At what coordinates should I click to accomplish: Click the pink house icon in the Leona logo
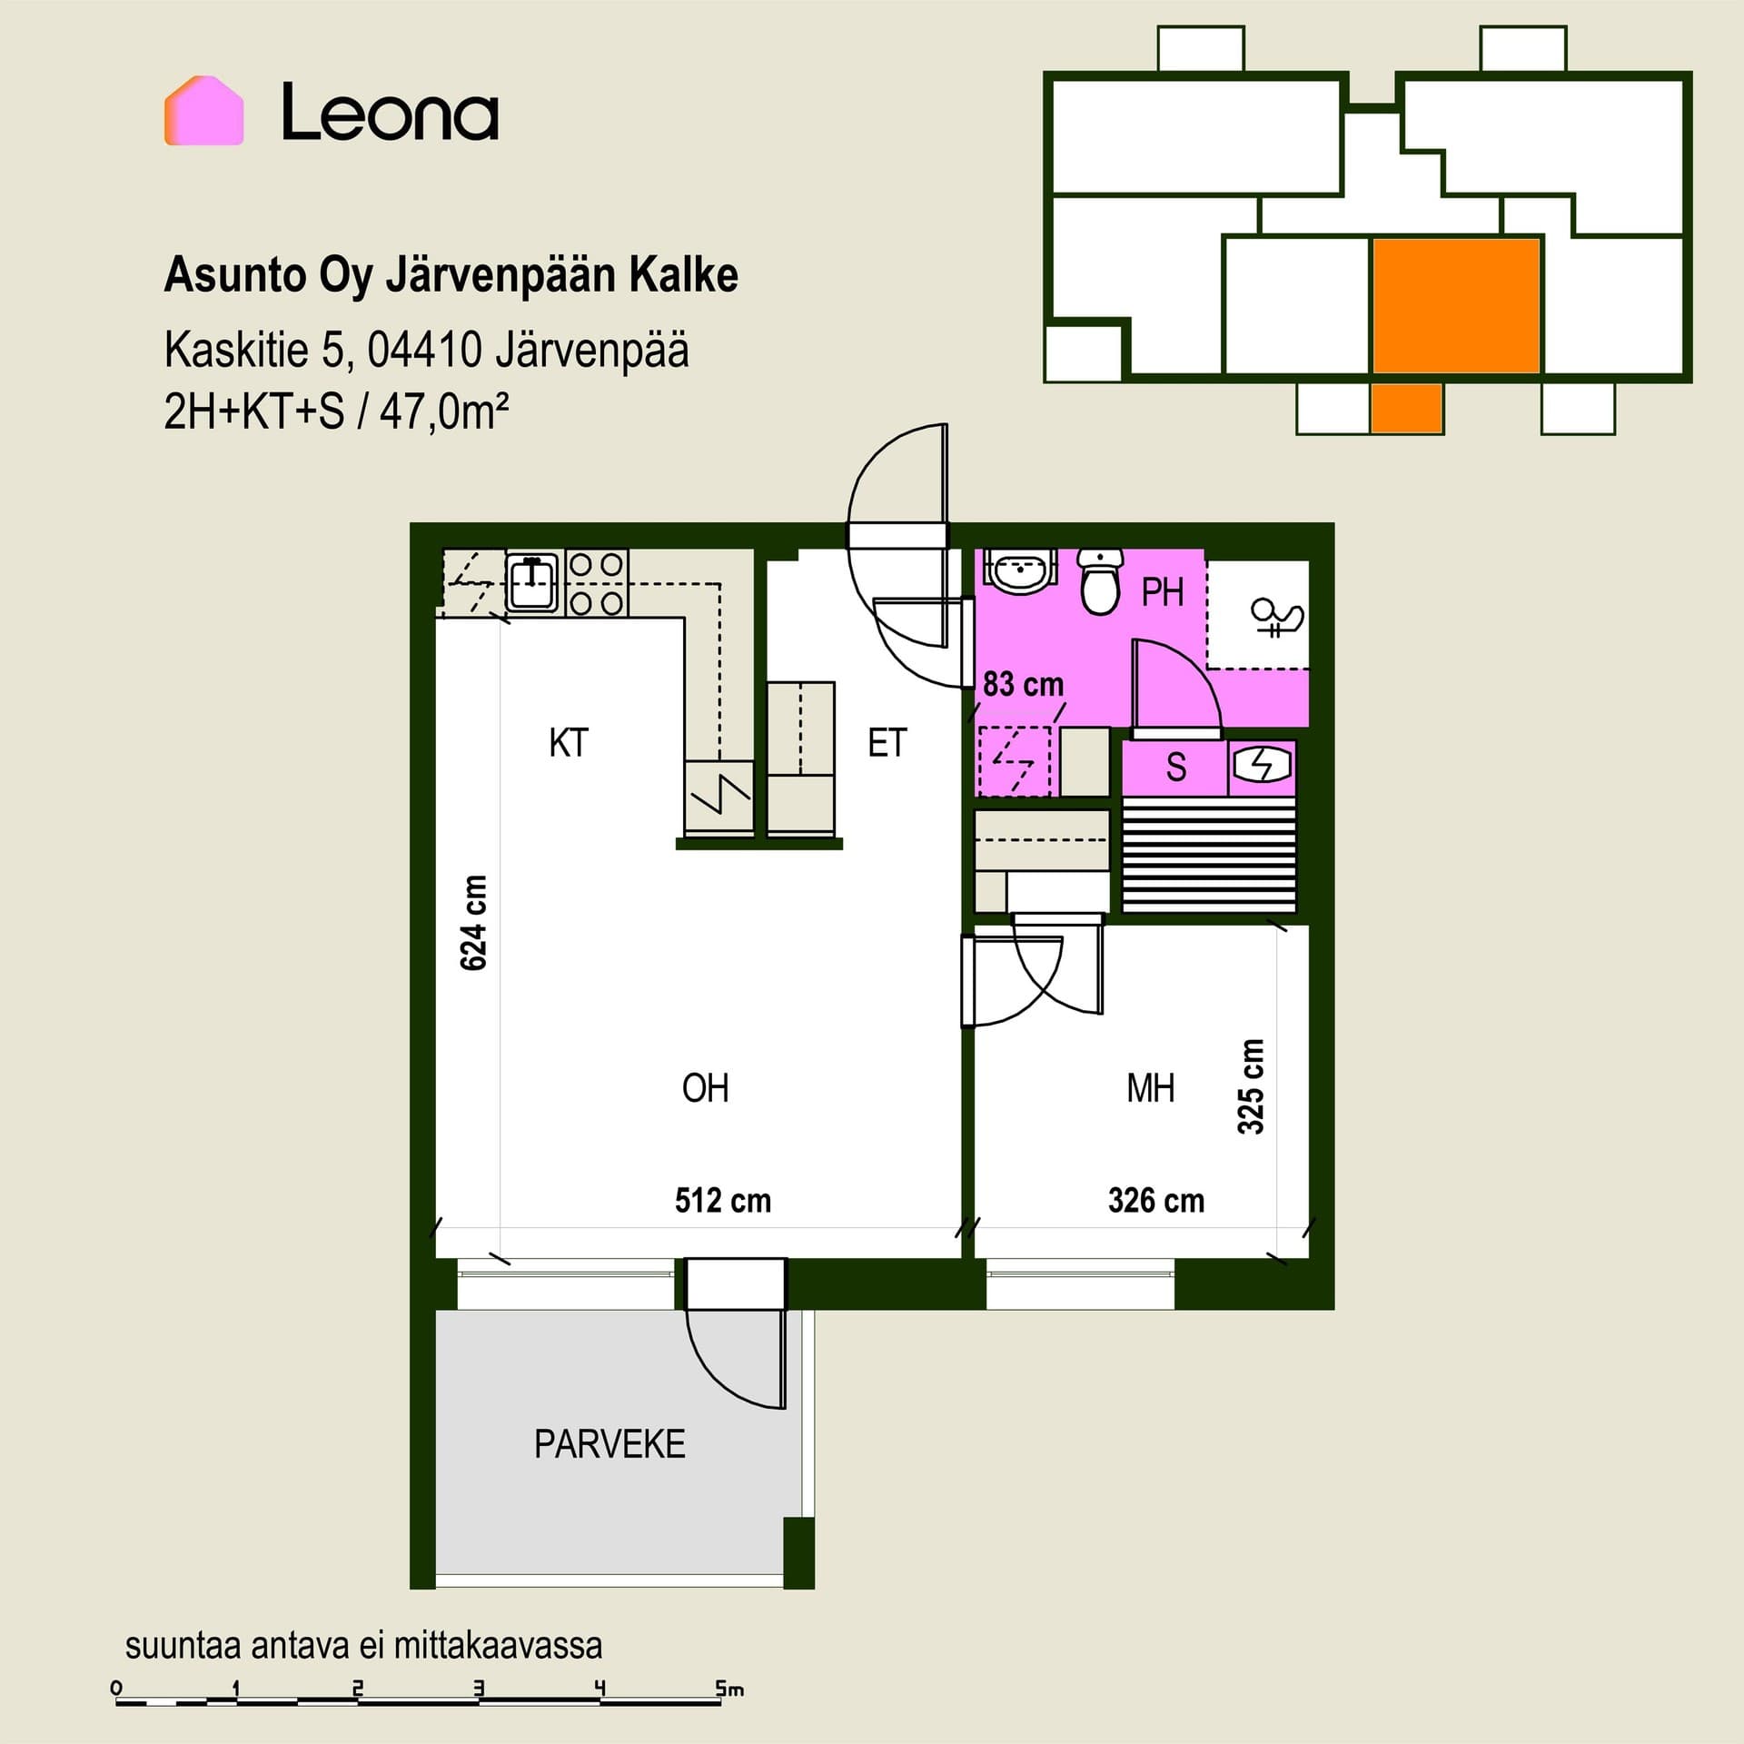tap(203, 110)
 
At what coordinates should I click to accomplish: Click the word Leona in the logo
tap(390, 112)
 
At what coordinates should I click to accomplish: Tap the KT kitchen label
tap(569, 743)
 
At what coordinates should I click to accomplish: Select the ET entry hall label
tap(887, 743)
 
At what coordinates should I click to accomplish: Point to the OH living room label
tap(705, 1088)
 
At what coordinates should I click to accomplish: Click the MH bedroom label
tap(1151, 1088)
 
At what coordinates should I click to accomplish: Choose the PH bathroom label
tap(1163, 593)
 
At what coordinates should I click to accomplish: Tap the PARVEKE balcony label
tap(609, 1444)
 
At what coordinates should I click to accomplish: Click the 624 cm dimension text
tap(474, 923)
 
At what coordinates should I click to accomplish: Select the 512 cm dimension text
tap(723, 1201)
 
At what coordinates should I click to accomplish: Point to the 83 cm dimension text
tap(1023, 684)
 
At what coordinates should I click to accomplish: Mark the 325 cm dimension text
tap(1251, 1087)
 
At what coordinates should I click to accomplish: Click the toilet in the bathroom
tap(1100, 581)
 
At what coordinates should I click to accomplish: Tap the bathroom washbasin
tap(1022, 570)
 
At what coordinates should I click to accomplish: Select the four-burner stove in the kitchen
tap(597, 583)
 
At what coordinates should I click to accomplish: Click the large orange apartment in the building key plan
tap(1456, 306)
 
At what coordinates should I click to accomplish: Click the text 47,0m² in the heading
tap(444, 412)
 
